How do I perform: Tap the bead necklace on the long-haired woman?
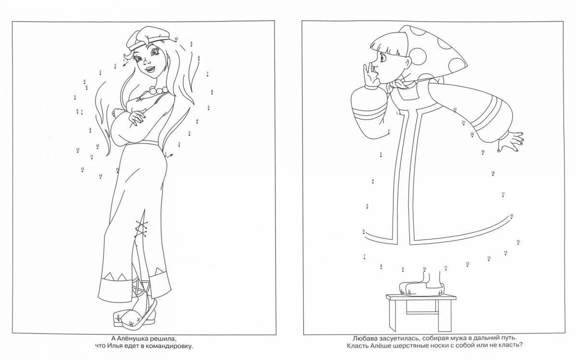pos(157,90)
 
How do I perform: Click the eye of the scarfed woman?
pos(383,59)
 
